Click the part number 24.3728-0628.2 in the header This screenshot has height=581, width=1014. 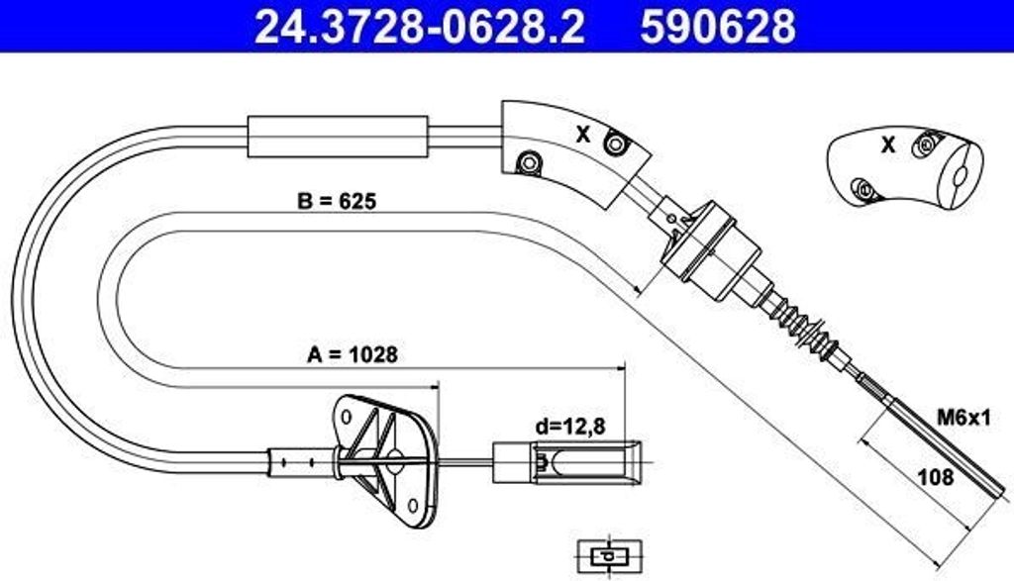pyautogui.click(x=419, y=26)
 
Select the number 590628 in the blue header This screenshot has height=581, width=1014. pyautogui.click(x=718, y=26)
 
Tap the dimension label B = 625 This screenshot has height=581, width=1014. pyautogui.click(x=337, y=201)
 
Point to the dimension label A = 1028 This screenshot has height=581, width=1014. pyautogui.click(x=353, y=354)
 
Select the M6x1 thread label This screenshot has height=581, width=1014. pyautogui.click(x=963, y=418)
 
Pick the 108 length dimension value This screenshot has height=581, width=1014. pyautogui.click(x=936, y=477)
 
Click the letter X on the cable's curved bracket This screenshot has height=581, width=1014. pyautogui.click(x=583, y=135)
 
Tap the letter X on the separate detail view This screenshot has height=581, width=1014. pyautogui.click(x=888, y=145)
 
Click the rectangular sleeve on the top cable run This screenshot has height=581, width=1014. pyautogui.click(x=338, y=137)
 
